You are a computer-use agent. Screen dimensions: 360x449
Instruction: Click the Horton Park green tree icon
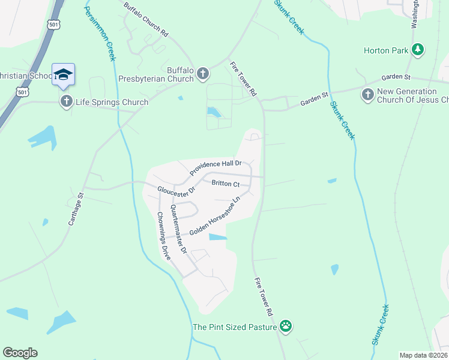coord(419,50)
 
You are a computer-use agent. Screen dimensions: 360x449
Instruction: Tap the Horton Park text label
coord(385,50)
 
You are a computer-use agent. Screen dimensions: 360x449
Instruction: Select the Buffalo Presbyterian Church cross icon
coord(203,74)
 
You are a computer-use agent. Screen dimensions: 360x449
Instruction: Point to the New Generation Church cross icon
coord(367,94)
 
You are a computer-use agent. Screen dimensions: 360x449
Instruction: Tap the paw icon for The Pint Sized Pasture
coord(286,327)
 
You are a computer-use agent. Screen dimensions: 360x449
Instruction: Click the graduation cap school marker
coord(63,75)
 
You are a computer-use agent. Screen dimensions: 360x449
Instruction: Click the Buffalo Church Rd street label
coord(145,21)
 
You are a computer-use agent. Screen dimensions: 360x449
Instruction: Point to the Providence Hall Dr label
coord(215,167)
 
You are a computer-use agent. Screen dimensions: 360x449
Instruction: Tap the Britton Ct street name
coord(225,184)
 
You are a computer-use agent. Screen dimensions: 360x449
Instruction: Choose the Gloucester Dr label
coord(176,190)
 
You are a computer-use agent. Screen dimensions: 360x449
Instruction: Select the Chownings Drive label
coord(164,235)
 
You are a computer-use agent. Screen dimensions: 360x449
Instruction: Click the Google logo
coord(20,353)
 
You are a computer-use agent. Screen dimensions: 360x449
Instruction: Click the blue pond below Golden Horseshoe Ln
coord(218,237)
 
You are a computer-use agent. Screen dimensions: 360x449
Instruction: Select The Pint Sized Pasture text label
coord(235,328)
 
